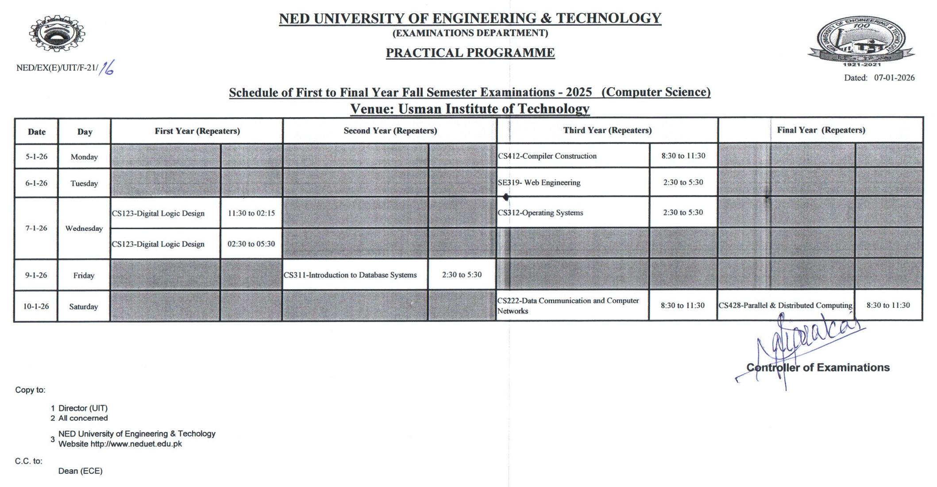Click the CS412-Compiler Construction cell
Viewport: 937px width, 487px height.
(548, 156)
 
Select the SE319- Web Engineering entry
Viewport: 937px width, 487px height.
(539, 183)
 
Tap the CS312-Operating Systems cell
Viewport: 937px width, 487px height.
(540, 213)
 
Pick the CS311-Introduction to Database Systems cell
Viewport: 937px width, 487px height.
(350, 275)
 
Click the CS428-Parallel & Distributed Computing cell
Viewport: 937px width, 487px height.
(785, 305)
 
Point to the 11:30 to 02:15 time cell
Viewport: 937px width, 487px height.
(251, 213)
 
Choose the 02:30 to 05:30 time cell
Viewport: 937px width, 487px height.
(251, 244)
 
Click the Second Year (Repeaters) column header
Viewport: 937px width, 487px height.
(390, 131)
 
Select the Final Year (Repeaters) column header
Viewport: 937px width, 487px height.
(821, 130)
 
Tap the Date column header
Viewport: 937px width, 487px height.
(37, 132)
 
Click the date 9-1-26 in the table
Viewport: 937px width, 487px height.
(36, 275)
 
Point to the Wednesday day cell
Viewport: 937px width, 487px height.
(84, 228)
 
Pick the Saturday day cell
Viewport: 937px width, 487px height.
(84, 307)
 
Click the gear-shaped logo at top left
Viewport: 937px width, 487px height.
(57, 35)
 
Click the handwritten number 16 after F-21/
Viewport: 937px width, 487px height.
(107, 68)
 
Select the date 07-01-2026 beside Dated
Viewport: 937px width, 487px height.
(894, 78)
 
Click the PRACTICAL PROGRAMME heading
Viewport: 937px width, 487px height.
(470, 53)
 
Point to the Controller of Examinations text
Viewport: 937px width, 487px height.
(818, 368)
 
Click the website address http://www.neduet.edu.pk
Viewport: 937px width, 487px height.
(136, 444)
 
